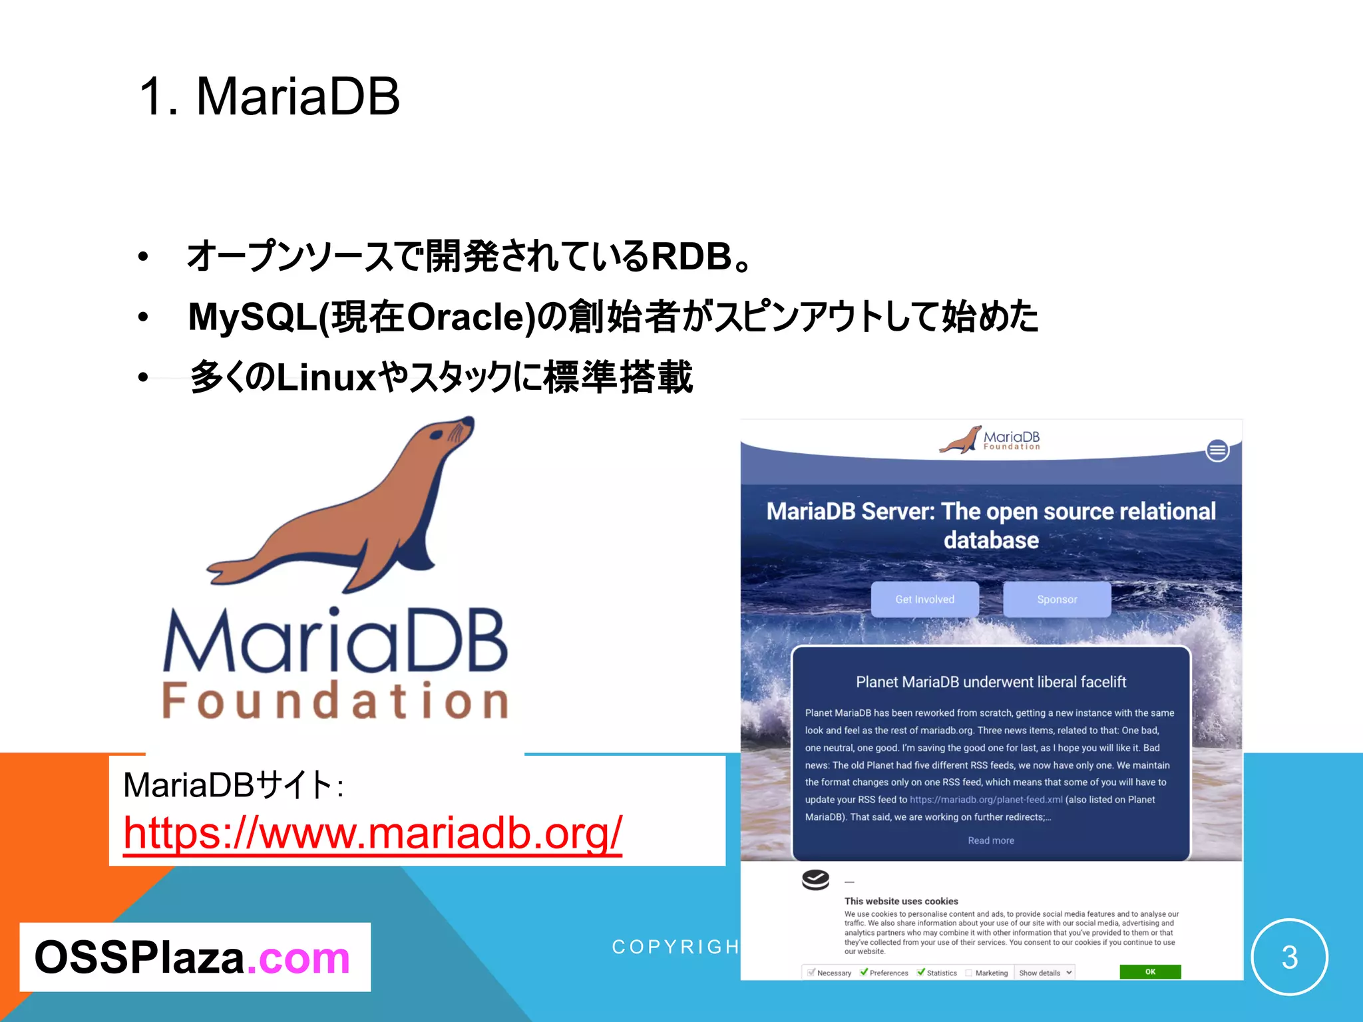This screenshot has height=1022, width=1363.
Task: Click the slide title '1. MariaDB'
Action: point(269,96)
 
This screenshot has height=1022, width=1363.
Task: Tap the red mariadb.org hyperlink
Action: point(373,832)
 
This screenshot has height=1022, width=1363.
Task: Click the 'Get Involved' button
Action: point(924,599)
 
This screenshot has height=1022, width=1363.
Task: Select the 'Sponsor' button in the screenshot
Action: point(1056,599)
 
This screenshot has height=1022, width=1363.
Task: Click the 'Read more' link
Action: point(990,840)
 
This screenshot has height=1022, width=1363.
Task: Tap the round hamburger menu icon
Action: point(1217,450)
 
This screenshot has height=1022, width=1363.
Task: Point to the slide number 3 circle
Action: point(1289,957)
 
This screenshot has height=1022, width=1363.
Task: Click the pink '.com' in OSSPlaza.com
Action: point(298,958)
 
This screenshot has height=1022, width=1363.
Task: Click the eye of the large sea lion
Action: point(437,434)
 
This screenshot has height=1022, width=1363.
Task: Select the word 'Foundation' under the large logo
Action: point(336,701)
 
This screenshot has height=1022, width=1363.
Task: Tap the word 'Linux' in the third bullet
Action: point(326,377)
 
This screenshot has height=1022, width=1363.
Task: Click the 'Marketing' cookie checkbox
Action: point(969,973)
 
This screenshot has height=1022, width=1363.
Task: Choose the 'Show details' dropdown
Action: point(1045,973)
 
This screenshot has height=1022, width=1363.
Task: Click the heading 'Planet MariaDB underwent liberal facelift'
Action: point(990,682)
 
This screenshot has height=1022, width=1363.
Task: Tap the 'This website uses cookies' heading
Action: point(901,901)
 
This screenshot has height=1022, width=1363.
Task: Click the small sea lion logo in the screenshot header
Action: point(960,440)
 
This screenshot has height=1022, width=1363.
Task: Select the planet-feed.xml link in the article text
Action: point(986,800)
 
